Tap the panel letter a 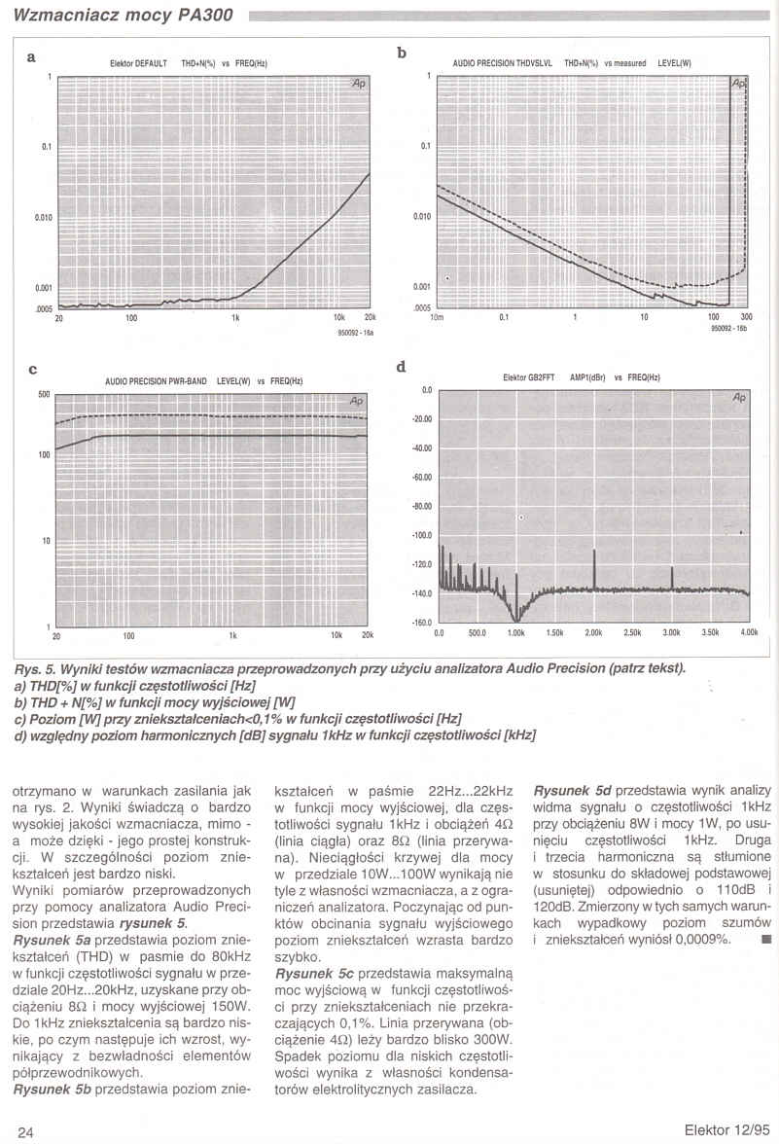point(32,57)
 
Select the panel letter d point(402,367)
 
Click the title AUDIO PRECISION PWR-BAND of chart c point(156,381)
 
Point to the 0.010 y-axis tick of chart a point(44,217)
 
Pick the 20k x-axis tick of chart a point(369,317)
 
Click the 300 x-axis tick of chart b point(746,317)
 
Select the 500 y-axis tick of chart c point(44,394)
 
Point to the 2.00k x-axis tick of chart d point(593,633)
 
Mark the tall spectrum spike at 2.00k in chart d point(594,569)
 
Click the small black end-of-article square point(765,940)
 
